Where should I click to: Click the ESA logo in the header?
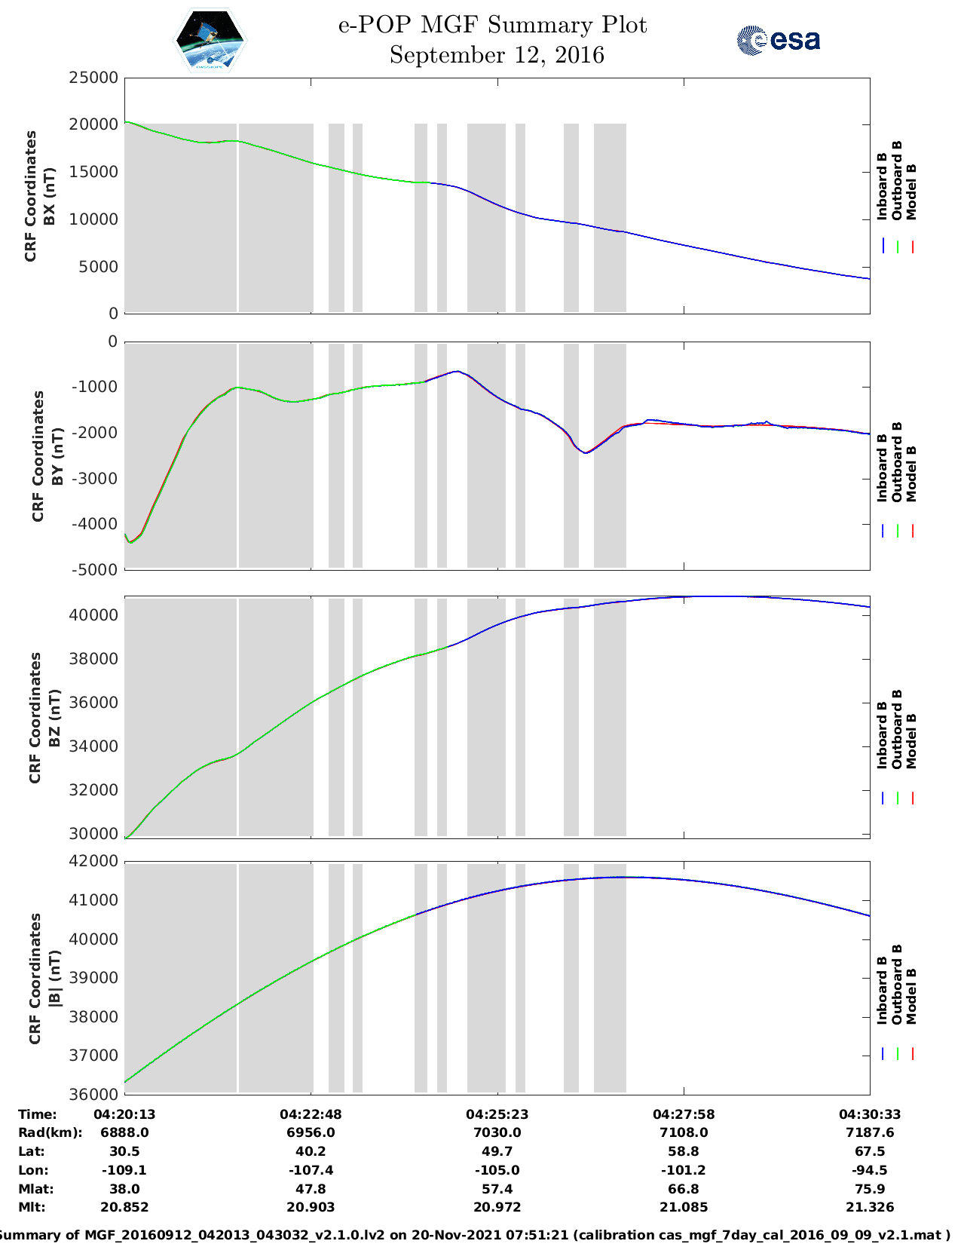tap(779, 40)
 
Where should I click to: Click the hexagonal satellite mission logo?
tap(210, 40)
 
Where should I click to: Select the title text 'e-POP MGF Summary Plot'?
tap(492, 25)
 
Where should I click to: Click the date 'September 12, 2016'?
tap(497, 55)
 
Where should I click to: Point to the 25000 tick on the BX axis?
tap(93, 77)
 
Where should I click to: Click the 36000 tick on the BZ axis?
tap(93, 703)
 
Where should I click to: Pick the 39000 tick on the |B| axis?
tap(93, 978)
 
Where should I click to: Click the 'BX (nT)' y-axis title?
tap(50, 196)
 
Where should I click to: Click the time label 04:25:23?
tap(497, 1114)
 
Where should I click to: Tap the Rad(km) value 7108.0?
tap(683, 1132)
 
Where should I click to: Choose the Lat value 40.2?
tap(311, 1151)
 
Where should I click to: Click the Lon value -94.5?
tap(869, 1170)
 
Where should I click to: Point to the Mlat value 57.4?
tap(497, 1189)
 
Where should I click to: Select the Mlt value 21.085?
tap(683, 1207)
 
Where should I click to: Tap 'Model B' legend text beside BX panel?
tap(911, 192)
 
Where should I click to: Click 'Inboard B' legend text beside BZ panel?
tap(882, 735)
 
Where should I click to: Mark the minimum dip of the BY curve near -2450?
tap(586, 452)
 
